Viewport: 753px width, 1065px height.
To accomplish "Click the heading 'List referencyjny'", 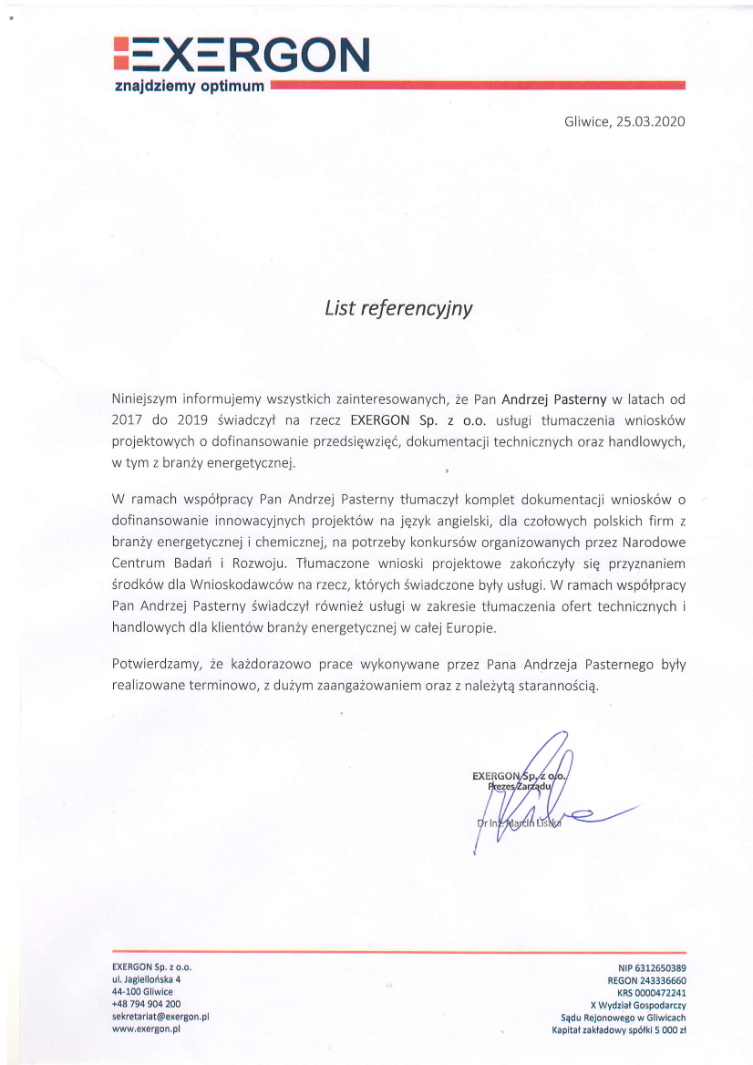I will click(398, 308).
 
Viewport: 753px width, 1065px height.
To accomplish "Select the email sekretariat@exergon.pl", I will click(161, 1015).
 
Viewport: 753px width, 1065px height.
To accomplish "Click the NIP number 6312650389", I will click(661, 967).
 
